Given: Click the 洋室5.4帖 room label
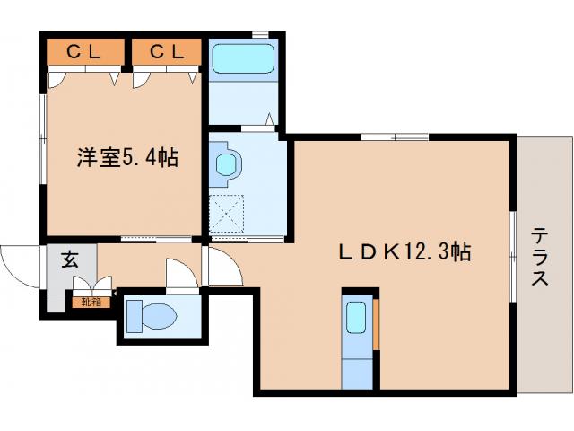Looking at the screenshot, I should tap(126, 159).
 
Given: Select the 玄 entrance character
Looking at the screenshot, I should tap(68, 261).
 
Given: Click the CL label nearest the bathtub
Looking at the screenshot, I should tap(167, 53).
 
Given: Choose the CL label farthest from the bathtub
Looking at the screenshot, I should tap(84, 53).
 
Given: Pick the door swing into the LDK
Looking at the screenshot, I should tap(224, 267).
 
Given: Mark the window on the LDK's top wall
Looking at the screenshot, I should tap(395, 136).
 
